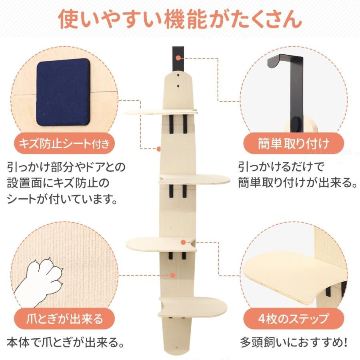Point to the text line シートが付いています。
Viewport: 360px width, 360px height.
pos(63,199)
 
